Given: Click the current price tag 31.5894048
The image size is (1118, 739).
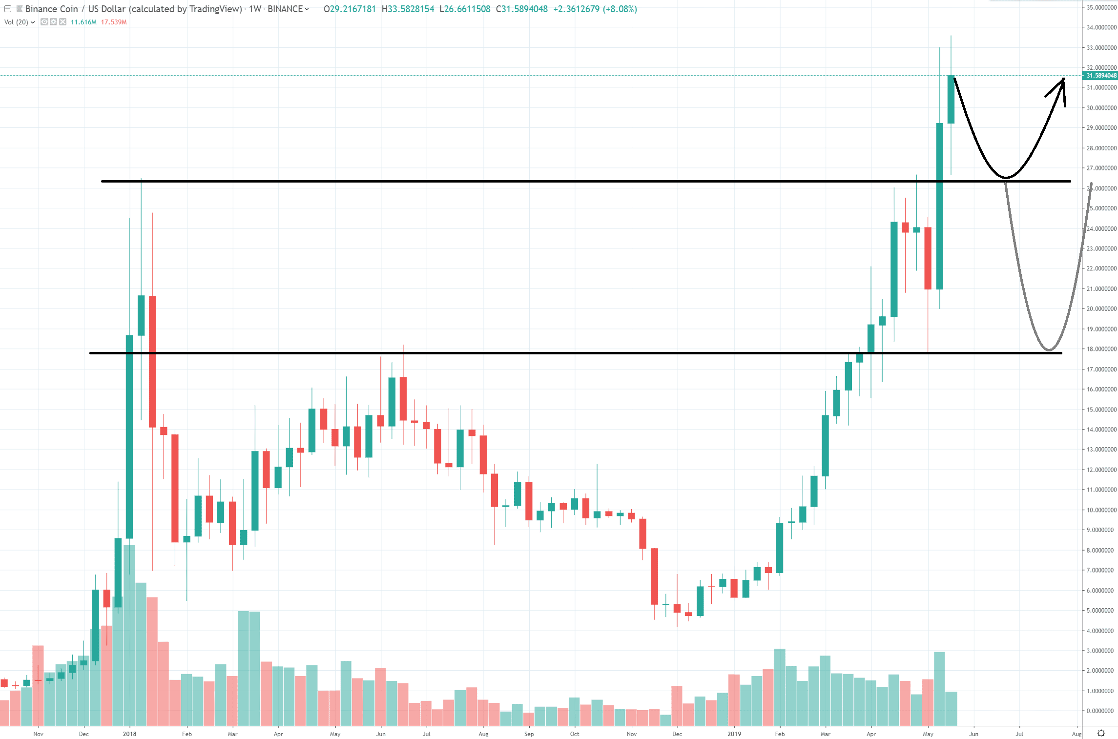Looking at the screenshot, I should pos(1101,76).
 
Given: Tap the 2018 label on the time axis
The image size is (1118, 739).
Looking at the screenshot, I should pos(129,734).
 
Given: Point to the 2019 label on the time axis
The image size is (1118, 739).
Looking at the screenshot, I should pos(734,734).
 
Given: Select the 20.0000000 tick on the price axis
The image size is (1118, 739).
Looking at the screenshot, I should pos(1101,308).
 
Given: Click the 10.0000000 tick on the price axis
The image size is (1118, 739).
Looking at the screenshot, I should pos(1101,510).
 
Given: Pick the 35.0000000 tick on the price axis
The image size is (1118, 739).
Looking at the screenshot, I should pos(1101,8).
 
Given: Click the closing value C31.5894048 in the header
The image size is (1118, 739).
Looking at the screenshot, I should pos(521,9).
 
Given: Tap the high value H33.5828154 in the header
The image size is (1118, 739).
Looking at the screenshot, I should pos(408,9).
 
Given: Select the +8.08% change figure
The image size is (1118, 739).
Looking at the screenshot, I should pos(620,9).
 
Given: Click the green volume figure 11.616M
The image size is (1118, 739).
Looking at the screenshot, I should pos(83,22).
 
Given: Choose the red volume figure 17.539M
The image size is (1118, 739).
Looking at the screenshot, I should pos(114,22).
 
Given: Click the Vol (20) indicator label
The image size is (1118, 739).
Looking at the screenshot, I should pos(16,22).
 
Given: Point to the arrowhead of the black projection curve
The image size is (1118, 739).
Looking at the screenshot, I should pos(1063,80).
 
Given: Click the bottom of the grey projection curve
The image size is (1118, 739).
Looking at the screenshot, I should pos(1048,350).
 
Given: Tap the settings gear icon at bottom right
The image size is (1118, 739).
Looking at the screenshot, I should pos(1101,733).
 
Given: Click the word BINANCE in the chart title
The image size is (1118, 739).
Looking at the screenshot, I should pos(285,9).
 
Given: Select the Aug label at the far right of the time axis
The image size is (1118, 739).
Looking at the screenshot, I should pos(1077,734).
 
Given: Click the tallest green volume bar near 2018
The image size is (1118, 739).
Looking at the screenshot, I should pos(129,635).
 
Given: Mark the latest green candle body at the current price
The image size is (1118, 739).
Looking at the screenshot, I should pos(951,100).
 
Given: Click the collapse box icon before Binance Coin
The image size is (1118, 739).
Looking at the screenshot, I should pos(8,9).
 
